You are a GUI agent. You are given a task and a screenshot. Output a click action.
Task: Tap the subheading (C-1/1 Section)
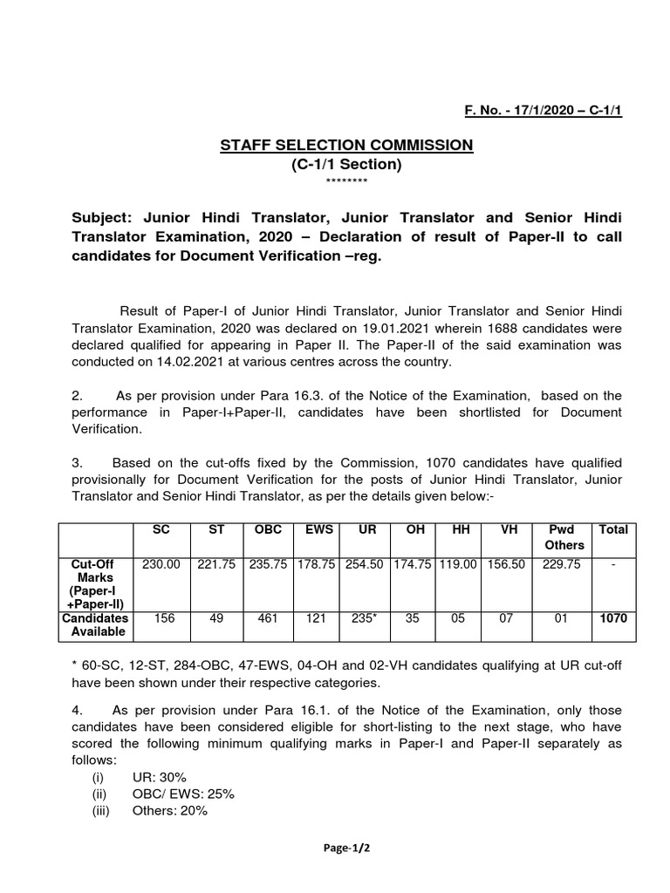point(346,164)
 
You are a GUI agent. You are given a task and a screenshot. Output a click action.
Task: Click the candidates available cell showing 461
point(267,618)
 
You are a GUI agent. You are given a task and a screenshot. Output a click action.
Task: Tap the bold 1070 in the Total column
point(612,618)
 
